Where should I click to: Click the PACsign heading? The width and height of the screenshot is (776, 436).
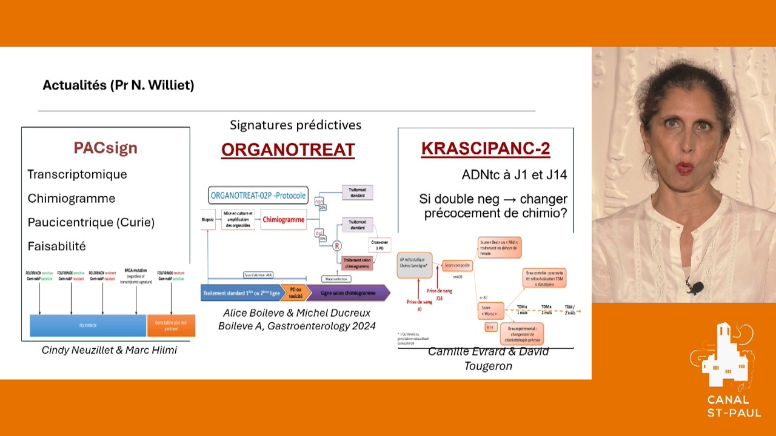105,148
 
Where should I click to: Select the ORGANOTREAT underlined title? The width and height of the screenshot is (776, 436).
287,150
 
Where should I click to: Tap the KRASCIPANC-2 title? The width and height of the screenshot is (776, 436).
486,149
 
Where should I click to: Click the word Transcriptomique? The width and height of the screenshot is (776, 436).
77,174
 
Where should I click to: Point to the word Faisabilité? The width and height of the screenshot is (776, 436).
56,246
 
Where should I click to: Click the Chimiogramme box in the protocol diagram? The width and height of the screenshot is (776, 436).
283,219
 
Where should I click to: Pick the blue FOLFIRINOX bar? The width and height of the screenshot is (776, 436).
88,325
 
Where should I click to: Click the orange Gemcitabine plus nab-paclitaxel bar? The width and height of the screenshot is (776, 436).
171,325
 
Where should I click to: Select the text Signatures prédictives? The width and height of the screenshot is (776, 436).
295,125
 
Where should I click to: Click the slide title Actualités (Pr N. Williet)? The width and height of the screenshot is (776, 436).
118,85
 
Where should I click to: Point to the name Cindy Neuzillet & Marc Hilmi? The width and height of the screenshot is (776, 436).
109,350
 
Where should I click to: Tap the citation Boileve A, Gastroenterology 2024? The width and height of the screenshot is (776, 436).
296,326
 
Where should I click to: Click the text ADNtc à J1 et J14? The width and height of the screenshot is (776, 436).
514,175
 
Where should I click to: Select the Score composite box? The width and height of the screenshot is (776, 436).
457,265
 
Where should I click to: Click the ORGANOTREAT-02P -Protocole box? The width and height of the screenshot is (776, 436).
259,196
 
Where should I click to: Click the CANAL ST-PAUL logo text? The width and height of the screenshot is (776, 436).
728,406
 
